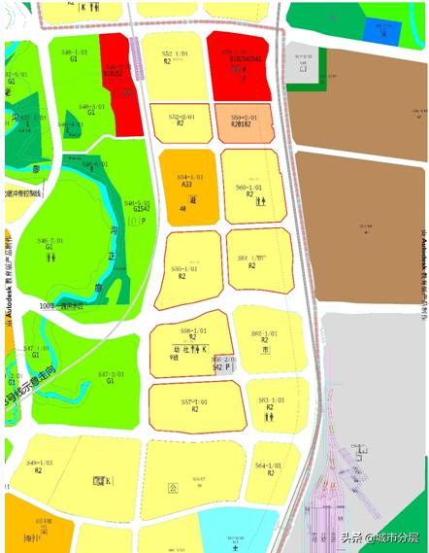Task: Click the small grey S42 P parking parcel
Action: pos(222,364)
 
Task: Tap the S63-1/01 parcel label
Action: pos(271,401)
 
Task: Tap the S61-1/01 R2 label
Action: pos(253,260)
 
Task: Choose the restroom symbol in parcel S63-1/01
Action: pos(267,416)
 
